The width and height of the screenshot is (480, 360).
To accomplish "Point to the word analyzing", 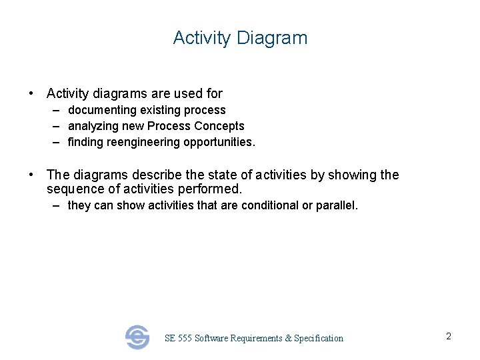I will pyautogui.click(x=93, y=126).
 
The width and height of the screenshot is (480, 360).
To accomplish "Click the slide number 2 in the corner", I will pyautogui.click(x=449, y=337).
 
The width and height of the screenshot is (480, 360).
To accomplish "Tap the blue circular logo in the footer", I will pyautogui.click(x=137, y=337).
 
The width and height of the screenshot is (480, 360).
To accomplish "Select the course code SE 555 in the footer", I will pyautogui.click(x=178, y=339).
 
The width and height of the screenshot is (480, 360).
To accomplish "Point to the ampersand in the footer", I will pyautogui.click(x=288, y=339).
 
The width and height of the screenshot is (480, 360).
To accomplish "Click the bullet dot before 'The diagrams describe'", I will pyautogui.click(x=31, y=175).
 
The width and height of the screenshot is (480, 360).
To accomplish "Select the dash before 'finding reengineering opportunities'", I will pyautogui.click(x=57, y=142).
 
